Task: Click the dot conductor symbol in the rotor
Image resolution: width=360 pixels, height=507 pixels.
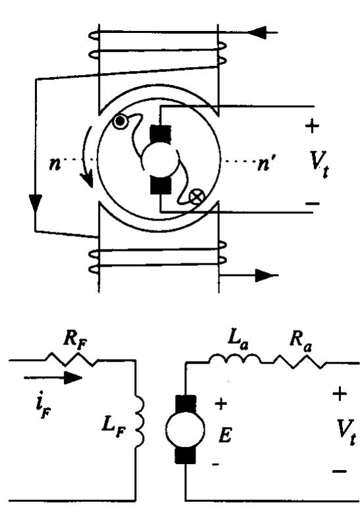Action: (x=120, y=122)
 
